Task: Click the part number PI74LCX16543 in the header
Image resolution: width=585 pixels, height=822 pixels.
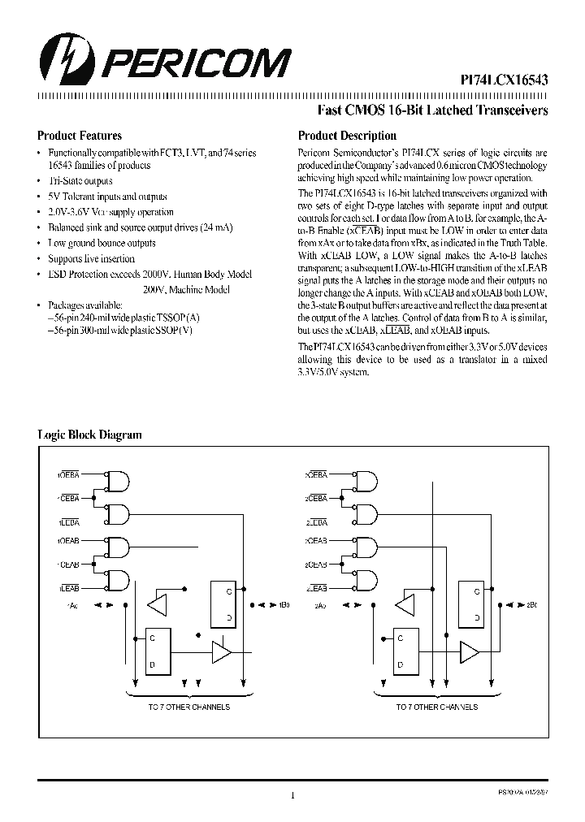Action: click(499, 80)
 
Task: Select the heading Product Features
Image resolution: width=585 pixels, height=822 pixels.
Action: click(80, 136)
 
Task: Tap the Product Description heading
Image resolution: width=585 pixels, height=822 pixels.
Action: click(347, 136)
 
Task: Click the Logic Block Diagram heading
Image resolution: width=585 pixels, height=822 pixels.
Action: click(89, 435)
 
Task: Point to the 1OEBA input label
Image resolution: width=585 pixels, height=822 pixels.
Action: click(67, 474)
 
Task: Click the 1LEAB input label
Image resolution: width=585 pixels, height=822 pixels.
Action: click(67, 587)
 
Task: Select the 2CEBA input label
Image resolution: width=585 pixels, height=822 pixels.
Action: click(316, 499)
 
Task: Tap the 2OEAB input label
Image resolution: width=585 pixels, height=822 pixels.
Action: click(316, 539)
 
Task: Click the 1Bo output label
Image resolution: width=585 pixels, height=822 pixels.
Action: click(284, 606)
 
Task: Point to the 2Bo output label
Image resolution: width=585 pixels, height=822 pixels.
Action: click(532, 606)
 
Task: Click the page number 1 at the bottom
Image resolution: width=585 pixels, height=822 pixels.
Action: click(292, 796)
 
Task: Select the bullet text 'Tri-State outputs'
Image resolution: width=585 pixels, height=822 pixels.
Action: click(80, 181)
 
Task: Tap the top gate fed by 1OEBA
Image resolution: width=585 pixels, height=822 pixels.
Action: click(119, 481)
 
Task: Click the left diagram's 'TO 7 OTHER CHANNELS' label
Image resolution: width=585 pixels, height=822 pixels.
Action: click(188, 707)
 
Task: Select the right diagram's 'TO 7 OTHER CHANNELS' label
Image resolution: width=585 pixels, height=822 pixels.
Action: click(437, 707)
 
